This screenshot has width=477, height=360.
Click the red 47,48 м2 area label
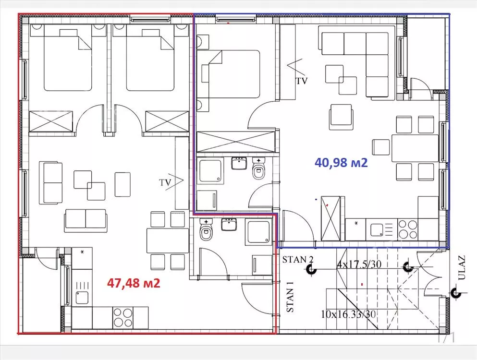click(x=134, y=283)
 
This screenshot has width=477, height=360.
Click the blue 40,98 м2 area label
click(x=341, y=163)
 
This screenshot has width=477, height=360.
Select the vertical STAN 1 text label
click(x=291, y=296)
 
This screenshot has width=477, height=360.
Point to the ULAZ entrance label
click(x=462, y=267)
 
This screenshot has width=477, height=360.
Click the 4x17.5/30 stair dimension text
click(x=359, y=264)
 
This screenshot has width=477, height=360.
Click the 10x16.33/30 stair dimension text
click(x=348, y=314)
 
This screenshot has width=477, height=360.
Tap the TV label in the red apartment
click(x=165, y=182)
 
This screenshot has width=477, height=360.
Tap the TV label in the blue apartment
click(x=302, y=81)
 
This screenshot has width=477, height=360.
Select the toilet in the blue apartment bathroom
click(x=259, y=169)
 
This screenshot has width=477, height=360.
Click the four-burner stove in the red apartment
click(x=123, y=317)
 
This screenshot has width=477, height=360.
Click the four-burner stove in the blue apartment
click(x=408, y=229)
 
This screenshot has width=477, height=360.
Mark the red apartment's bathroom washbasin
click(x=229, y=224)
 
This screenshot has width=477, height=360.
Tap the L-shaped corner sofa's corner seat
click(x=377, y=44)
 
